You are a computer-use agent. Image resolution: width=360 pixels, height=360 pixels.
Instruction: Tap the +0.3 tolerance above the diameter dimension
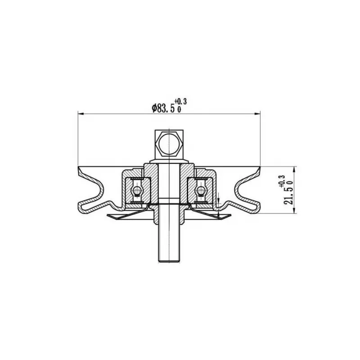point(180,101)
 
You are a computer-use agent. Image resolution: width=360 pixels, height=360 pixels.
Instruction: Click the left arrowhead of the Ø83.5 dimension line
point(81,113)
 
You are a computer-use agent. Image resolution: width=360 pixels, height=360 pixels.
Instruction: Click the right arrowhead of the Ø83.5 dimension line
point(258,113)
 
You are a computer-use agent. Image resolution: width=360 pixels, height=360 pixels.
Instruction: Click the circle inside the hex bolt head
point(169,144)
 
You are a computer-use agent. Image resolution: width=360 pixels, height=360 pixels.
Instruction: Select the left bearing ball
point(136,189)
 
